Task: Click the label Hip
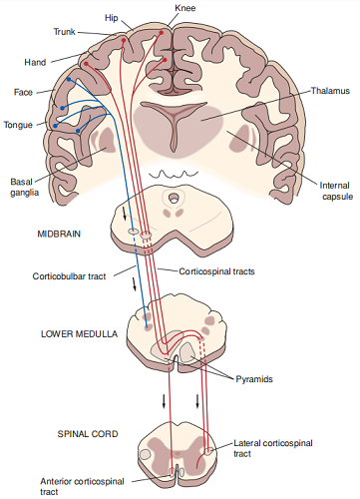111,18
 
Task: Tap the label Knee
185,8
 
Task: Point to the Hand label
32,62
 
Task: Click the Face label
24,92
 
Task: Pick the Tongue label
19,125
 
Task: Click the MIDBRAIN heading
59,234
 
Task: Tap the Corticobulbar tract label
71,271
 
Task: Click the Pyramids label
257,380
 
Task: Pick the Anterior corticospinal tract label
84,484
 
